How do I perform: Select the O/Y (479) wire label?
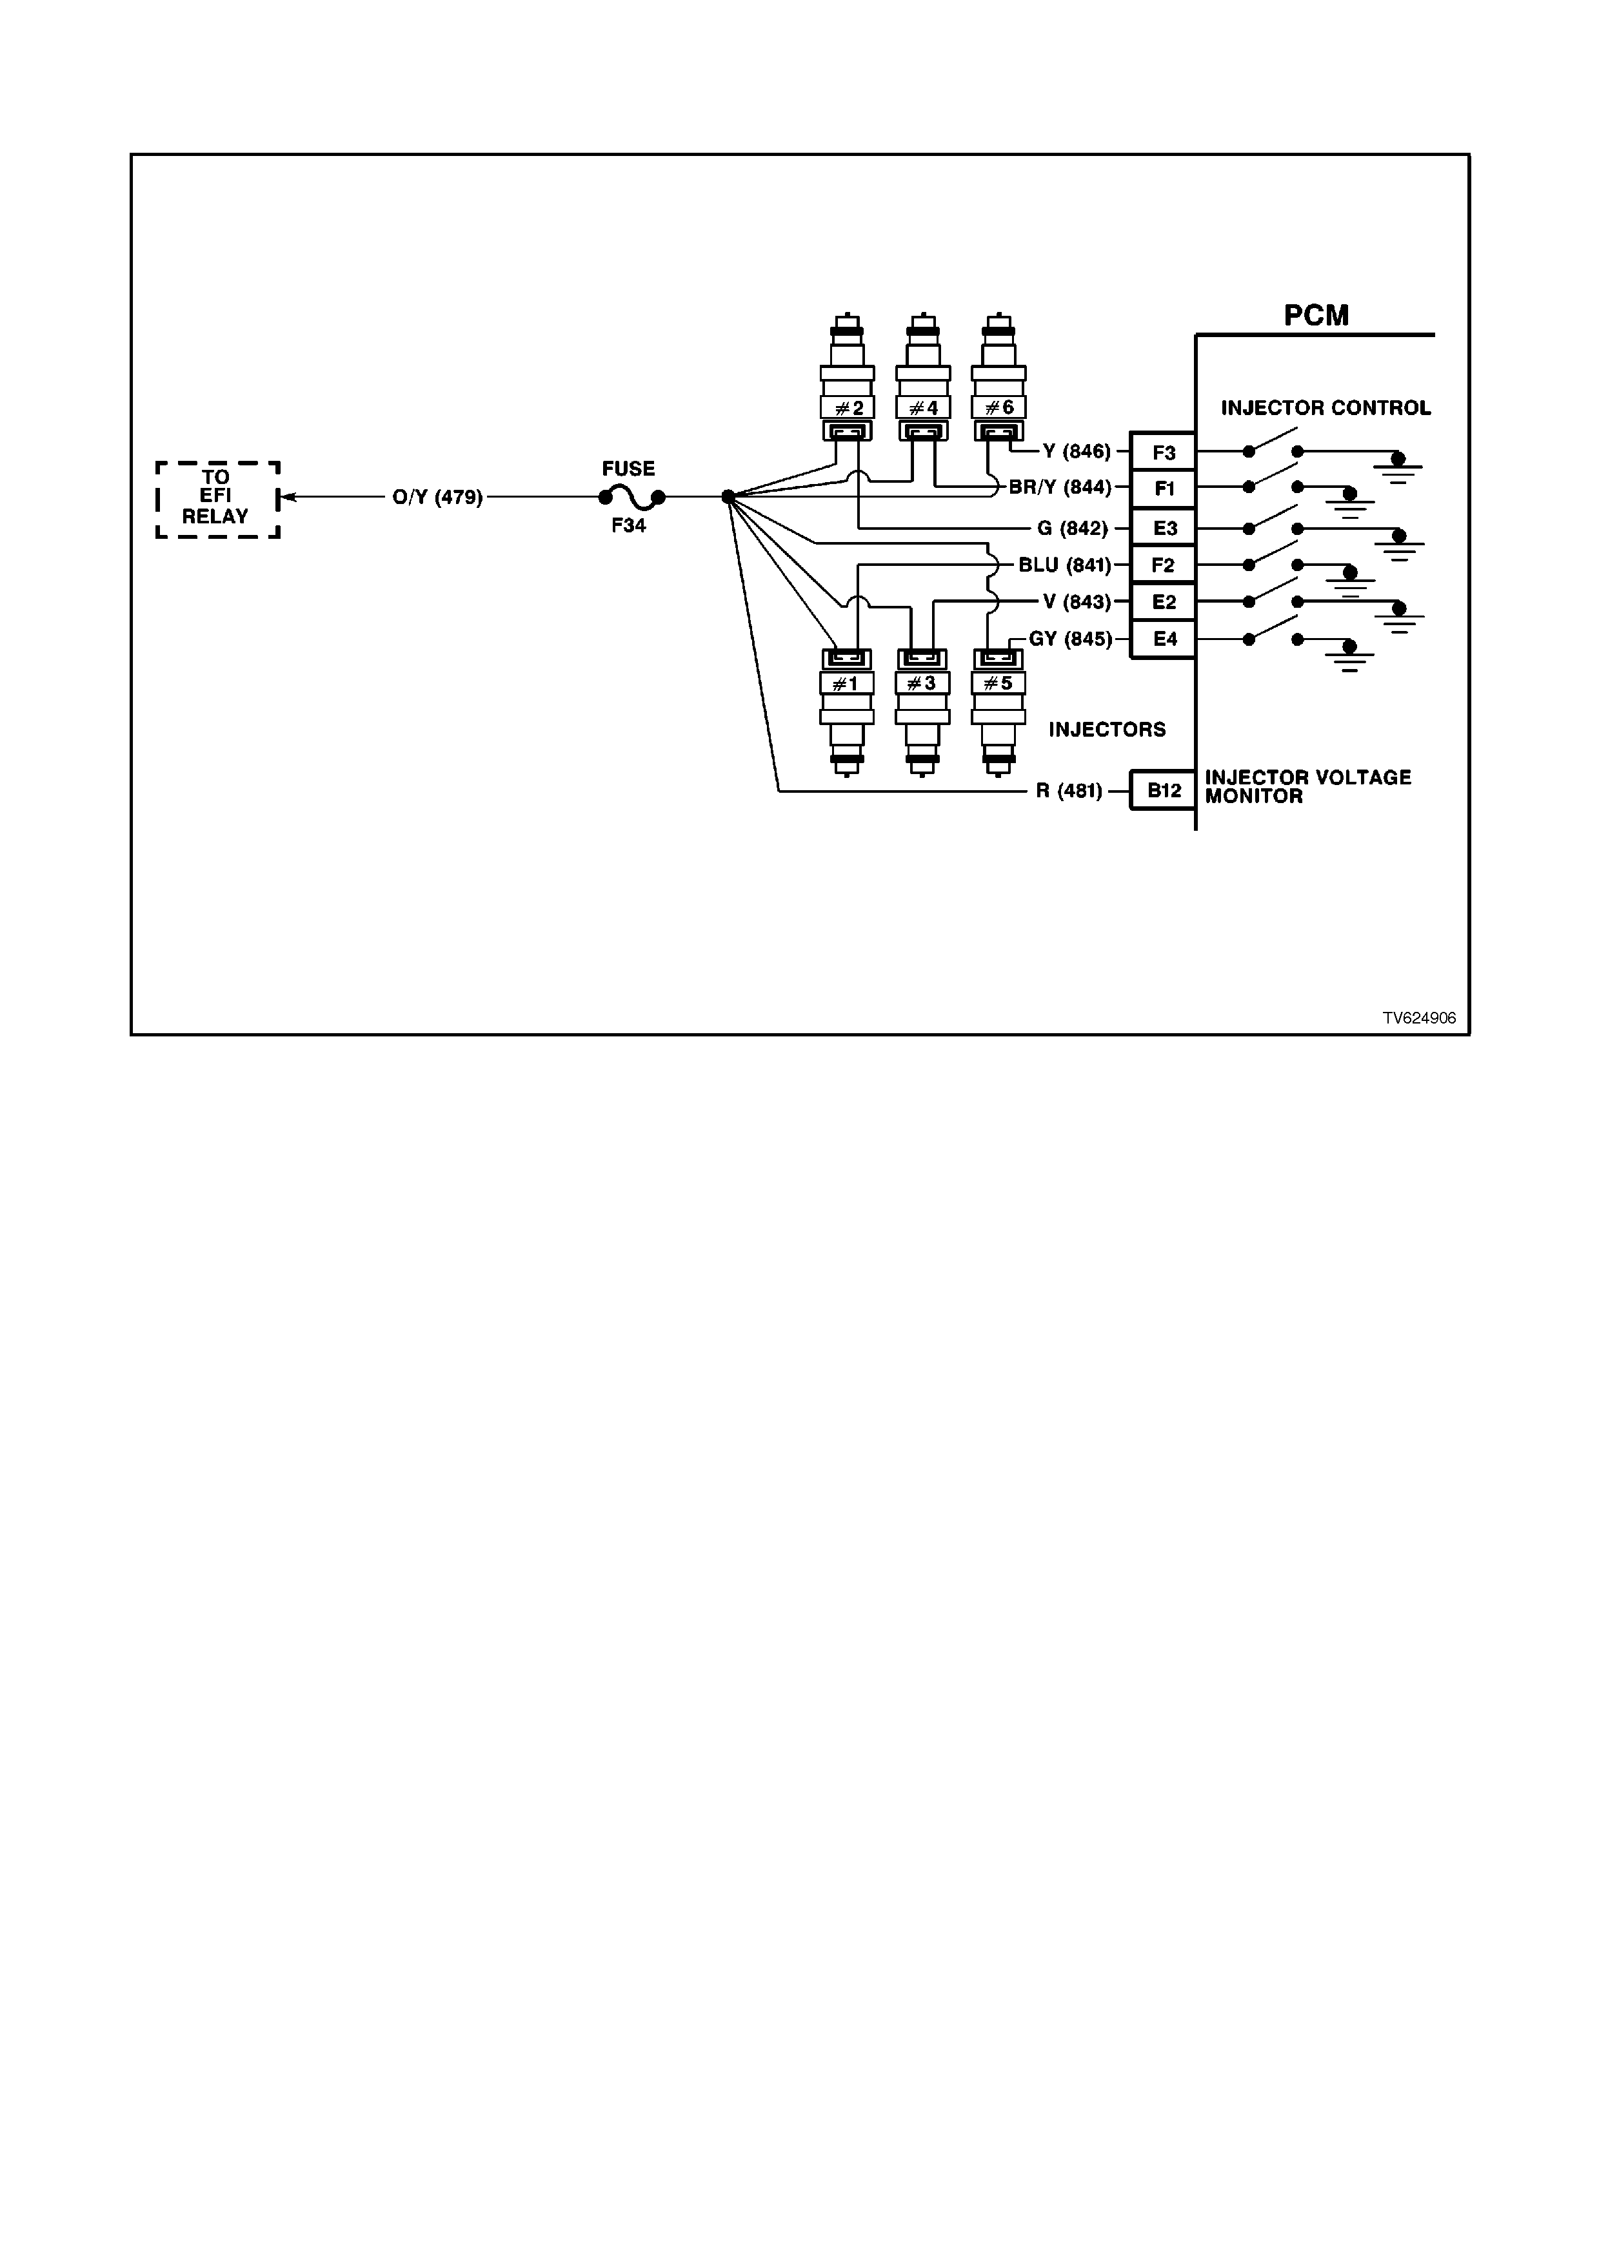[437, 498]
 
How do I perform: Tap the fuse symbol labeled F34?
[631, 498]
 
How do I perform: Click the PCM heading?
[1316, 315]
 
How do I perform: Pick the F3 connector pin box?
[1164, 452]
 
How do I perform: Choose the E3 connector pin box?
[1164, 528]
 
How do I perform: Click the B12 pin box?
[1164, 790]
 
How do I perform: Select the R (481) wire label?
[1069, 791]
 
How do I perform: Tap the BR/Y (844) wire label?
[1060, 487]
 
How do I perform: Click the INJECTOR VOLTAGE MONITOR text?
[1307, 787]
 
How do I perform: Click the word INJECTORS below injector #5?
[1107, 730]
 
